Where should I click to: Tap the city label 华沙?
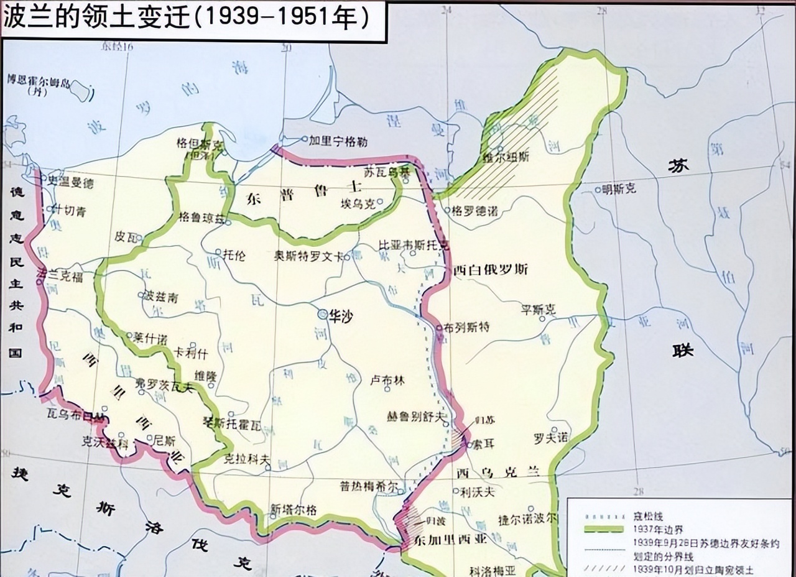(x=341, y=316)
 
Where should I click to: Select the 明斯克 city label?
(x=619, y=189)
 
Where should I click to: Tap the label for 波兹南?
(x=160, y=298)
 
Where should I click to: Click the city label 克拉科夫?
(x=247, y=459)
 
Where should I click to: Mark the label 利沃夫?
(x=478, y=492)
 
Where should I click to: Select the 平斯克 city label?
(x=539, y=309)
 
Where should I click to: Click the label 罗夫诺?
(x=551, y=437)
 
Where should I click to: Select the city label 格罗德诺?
(x=474, y=211)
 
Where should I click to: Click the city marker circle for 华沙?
(x=322, y=315)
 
